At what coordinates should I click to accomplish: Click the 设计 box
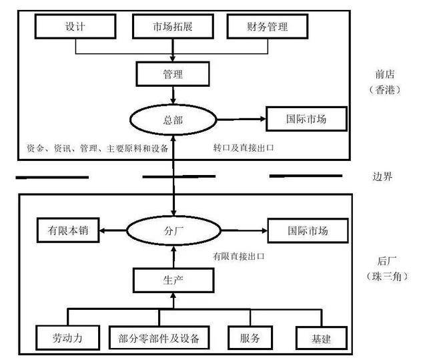(x=75, y=27)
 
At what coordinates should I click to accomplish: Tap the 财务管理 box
(x=268, y=27)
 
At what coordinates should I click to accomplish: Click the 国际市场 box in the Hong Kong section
(x=307, y=120)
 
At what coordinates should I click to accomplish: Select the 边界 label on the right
(x=382, y=177)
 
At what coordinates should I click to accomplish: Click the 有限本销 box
(x=67, y=232)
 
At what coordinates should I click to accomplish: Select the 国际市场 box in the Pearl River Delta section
(x=307, y=232)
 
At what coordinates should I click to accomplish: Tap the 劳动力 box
(x=67, y=337)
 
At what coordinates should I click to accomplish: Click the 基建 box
(x=321, y=337)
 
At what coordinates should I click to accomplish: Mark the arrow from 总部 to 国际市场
(x=242, y=120)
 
